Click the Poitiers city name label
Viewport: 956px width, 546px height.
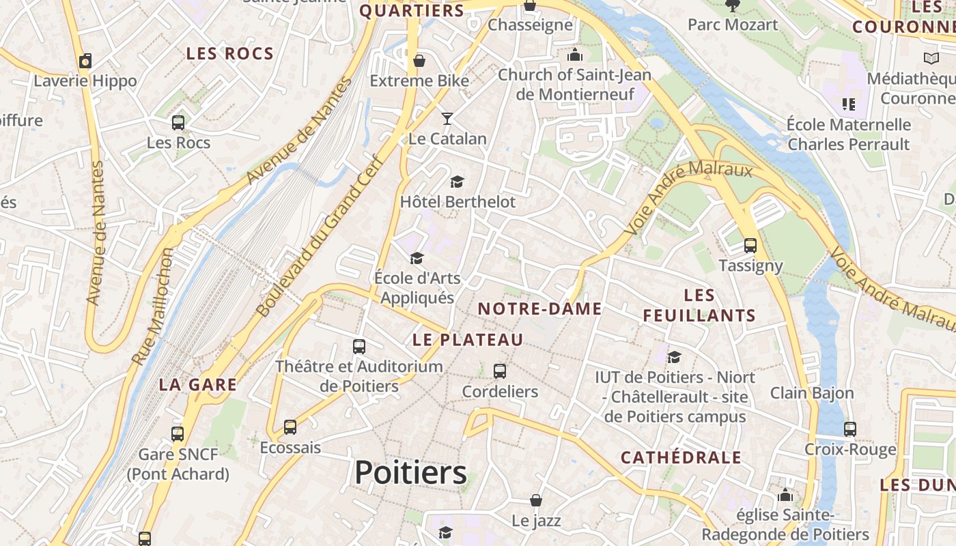tap(411, 473)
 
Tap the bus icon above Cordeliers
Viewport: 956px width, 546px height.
tap(500, 371)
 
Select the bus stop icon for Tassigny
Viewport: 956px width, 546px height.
tap(750, 246)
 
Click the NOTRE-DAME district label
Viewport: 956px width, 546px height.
tap(539, 309)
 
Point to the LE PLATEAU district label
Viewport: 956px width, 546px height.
tap(468, 340)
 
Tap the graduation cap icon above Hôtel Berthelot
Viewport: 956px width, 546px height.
tap(457, 182)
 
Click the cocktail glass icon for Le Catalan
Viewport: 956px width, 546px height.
tap(447, 119)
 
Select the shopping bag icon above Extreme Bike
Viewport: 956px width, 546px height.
tap(419, 61)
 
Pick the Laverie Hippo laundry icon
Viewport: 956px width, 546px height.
tap(85, 61)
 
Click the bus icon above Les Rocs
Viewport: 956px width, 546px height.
tap(178, 123)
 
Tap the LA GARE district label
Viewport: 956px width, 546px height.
tap(198, 385)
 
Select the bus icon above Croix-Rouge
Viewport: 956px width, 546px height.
tap(850, 429)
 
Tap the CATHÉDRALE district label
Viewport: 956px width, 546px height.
tap(681, 457)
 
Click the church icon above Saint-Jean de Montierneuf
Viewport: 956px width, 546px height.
tap(575, 55)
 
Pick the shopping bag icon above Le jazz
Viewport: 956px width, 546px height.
tap(536, 501)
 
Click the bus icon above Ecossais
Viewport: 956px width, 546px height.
tap(290, 427)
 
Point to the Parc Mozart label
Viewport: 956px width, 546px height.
tap(733, 25)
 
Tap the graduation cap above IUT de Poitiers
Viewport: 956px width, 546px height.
tap(674, 357)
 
